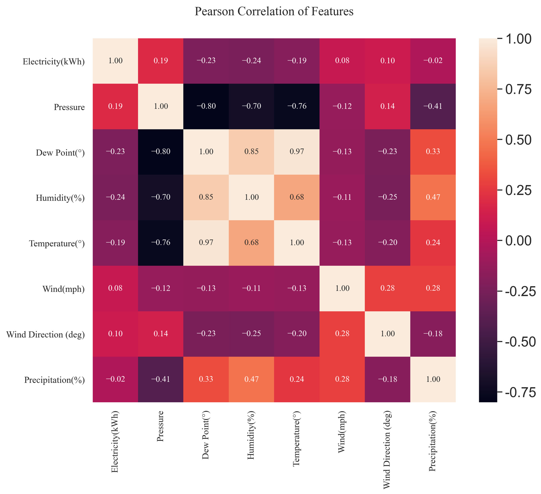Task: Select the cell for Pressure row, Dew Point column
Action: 206,106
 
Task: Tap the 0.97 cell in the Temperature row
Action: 206,243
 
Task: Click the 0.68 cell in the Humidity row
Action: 297,197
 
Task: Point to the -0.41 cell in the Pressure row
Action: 433,106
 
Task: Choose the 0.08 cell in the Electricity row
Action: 342,61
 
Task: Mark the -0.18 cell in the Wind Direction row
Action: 433,334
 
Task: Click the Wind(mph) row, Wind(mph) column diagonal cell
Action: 342,288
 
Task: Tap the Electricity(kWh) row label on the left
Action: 54,62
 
